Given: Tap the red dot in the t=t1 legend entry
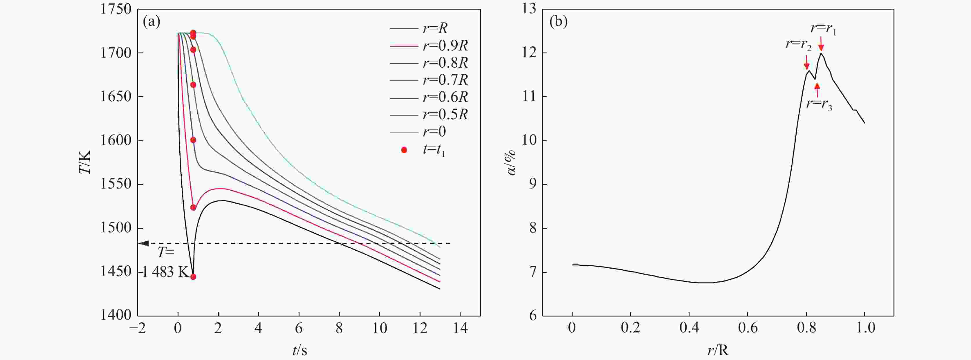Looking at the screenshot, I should [404, 150].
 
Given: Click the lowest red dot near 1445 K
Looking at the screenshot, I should [193, 277].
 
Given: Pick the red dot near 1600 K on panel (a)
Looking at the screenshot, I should [193, 140].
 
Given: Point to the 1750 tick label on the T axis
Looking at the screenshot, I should [116, 9].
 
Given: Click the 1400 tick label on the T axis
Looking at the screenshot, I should [116, 315].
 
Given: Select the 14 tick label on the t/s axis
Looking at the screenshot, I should [460, 329].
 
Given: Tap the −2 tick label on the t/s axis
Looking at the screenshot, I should [137, 329].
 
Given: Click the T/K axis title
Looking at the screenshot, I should [85, 162].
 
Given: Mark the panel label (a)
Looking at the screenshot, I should [152, 22].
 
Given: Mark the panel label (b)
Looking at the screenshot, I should [559, 22].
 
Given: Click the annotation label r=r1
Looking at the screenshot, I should [823, 29].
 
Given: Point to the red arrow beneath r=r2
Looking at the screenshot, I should [807, 62].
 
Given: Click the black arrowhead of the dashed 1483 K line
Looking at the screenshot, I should [144, 243].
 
